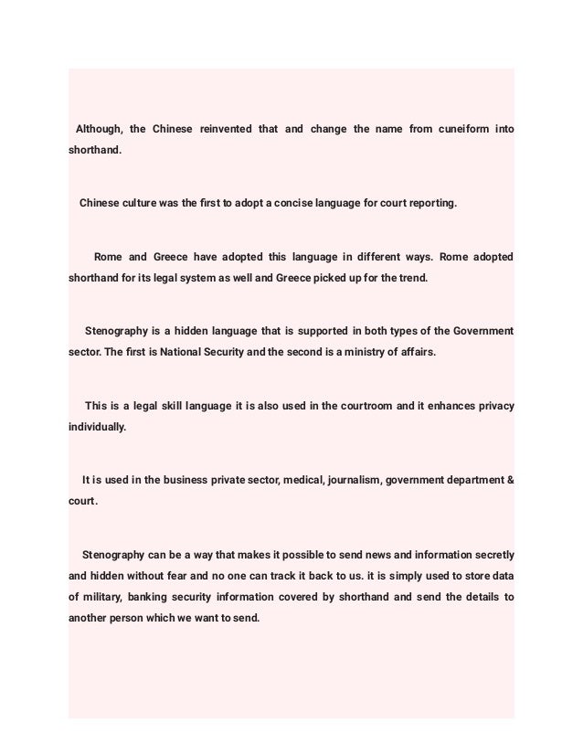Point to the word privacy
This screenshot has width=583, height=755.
click(493, 405)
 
